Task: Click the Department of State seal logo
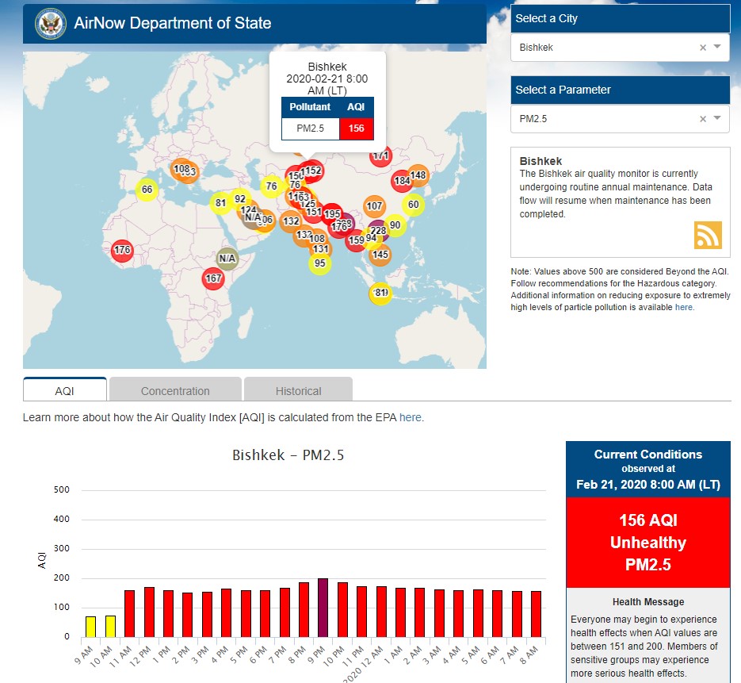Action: (x=51, y=23)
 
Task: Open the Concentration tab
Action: (x=175, y=390)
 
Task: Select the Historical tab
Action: (x=298, y=390)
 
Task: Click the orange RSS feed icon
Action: (x=708, y=236)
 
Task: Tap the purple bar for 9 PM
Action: (x=323, y=608)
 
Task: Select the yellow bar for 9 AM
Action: (x=90, y=627)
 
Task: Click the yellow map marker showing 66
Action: (x=147, y=190)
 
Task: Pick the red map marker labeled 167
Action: (x=212, y=278)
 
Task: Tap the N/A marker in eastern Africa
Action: (x=227, y=258)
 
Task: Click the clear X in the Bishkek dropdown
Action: (x=702, y=48)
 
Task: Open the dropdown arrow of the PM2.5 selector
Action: (x=717, y=118)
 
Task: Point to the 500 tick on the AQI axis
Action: (x=62, y=490)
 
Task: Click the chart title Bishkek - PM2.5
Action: (x=288, y=455)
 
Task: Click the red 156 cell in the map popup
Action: (x=356, y=129)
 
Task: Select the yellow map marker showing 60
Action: (x=412, y=204)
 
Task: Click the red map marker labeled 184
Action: (x=402, y=181)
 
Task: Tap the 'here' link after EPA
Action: (x=410, y=417)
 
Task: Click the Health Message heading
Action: (x=647, y=602)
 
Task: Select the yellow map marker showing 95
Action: (x=319, y=263)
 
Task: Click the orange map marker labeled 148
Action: (x=418, y=175)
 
